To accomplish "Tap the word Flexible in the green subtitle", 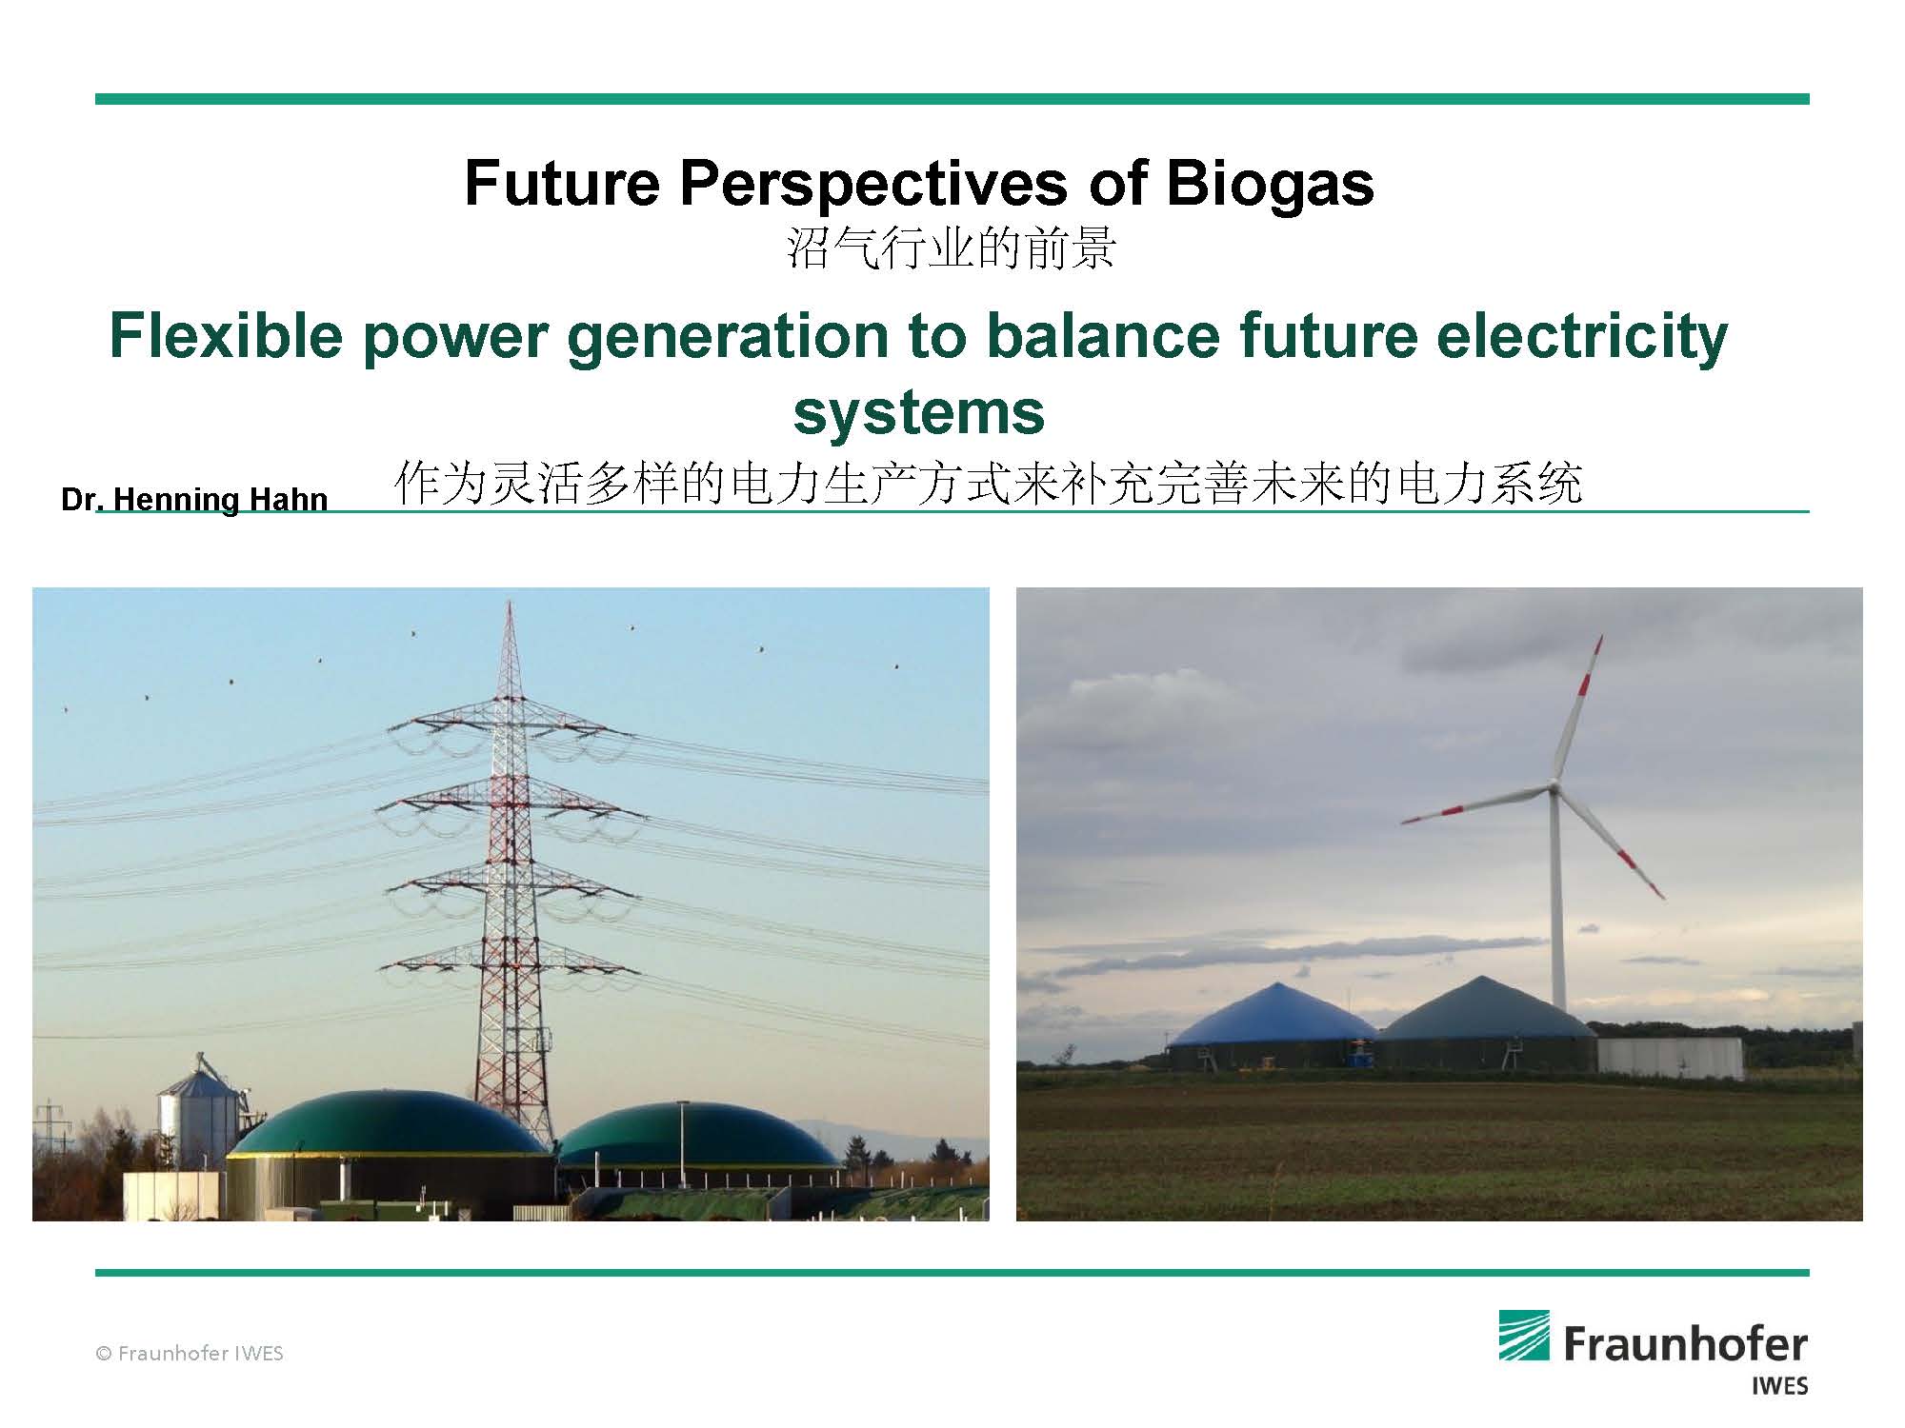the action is pos(225,335).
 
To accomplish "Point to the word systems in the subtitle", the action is pos(918,411).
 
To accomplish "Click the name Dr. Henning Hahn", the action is pos(194,500).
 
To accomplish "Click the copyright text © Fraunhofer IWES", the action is pos(189,1353).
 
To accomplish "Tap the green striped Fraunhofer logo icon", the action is pos(1524,1336).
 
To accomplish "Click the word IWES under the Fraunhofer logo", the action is pos(1779,1385).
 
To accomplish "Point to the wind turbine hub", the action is pos(1553,786).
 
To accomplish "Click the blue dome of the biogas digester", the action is pos(1271,1013).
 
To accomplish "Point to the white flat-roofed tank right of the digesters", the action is pos(1671,1058).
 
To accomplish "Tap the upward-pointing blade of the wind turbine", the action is pos(1577,709).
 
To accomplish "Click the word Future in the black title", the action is pos(562,184).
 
